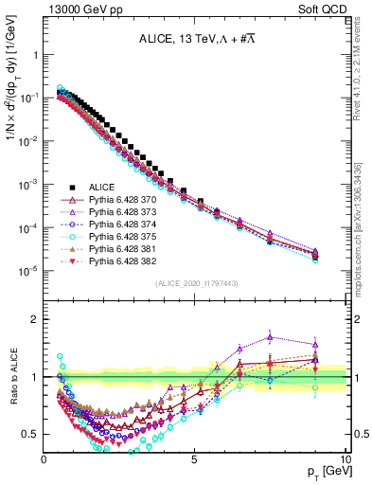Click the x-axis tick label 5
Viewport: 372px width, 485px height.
[x=195, y=458]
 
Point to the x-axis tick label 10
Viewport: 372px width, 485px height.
[x=344, y=458]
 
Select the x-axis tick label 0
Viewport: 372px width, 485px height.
[x=44, y=458]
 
